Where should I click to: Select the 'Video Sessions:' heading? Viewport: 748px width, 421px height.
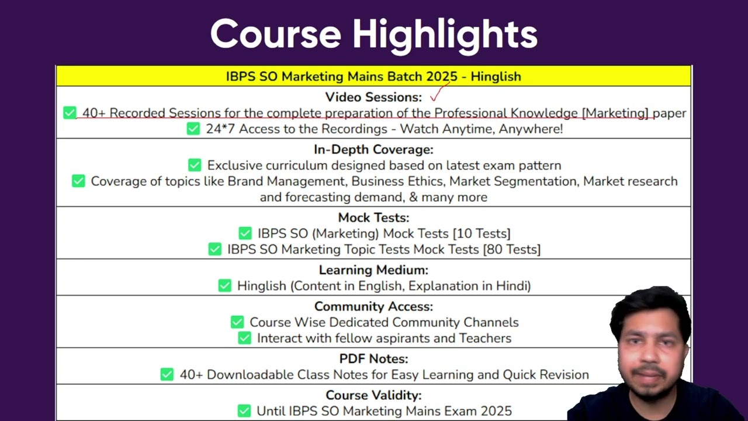pyautogui.click(x=373, y=97)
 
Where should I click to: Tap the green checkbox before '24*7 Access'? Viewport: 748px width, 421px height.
pyautogui.click(x=193, y=129)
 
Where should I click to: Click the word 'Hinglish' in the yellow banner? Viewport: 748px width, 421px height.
pyautogui.click(x=496, y=77)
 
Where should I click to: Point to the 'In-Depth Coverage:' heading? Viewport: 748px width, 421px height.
pyautogui.click(x=373, y=149)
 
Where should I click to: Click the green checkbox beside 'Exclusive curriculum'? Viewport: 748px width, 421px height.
pyautogui.click(x=195, y=165)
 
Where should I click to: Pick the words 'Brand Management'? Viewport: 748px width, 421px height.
pyautogui.click(x=286, y=181)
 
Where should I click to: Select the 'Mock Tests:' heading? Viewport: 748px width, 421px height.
pyautogui.click(x=373, y=218)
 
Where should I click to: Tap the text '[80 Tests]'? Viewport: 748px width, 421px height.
pyautogui.click(x=512, y=250)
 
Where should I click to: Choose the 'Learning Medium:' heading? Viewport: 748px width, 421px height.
pyautogui.click(x=373, y=270)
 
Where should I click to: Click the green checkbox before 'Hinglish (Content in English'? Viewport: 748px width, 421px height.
pyautogui.click(x=225, y=286)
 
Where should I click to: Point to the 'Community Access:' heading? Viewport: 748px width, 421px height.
pyautogui.click(x=373, y=306)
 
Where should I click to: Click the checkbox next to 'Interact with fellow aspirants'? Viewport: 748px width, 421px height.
pyautogui.click(x=244, y=338)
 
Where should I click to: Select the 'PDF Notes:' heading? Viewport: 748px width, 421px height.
pyautogui.click(x=373, y=359)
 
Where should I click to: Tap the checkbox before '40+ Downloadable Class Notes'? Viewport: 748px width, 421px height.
pyautogui.click(x=167, y=374)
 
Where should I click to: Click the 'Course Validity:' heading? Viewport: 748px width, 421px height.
pyautogui.click(x=373, y=395)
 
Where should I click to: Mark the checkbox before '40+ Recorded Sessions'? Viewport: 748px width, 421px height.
pyautogui.click(x=70, y=113)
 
